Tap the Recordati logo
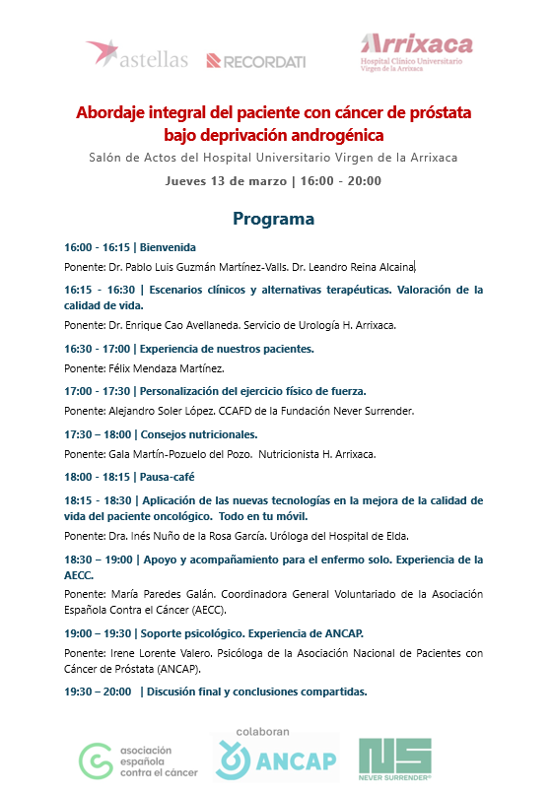(x=255, y=61)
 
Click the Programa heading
(x=273, y=218)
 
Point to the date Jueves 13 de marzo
(x=226, y=180)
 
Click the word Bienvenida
(x=168, y=247)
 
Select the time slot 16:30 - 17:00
(x=97, y=349)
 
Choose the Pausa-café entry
(x=169, y=476)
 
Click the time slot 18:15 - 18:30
(x=97, y=499)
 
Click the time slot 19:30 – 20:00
(x=97, y=692)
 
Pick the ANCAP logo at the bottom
(x=276, y=760)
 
